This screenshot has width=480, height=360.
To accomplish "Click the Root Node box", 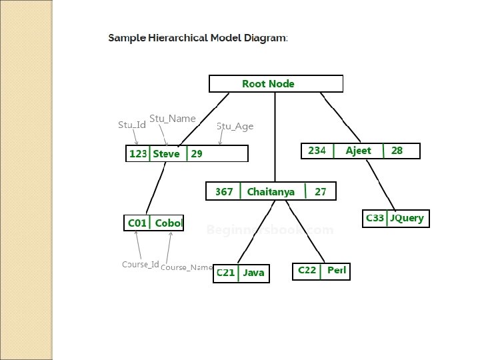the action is point(276,83).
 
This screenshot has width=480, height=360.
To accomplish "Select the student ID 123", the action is point(138,154).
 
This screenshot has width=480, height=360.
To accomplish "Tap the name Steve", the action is point(166,154).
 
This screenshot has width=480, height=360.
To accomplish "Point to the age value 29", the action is point(197,154).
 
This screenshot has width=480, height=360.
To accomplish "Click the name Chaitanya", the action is point(271,192).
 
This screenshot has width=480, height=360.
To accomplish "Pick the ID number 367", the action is point(224,192).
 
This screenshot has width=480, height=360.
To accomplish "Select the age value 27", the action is point(320,192).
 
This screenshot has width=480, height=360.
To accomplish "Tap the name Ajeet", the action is point(358,151).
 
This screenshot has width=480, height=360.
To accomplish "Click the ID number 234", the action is point(317,151).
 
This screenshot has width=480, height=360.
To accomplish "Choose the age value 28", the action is point(397,151).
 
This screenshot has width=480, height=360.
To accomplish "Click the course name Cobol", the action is point(169,223).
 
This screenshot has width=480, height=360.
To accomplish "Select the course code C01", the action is point(137,223).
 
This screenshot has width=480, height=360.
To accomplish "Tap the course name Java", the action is point(253,273).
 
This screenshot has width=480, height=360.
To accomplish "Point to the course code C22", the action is point(307,270).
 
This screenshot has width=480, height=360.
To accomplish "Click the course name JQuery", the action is point(407,218).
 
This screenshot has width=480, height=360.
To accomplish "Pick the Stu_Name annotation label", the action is point(173,119).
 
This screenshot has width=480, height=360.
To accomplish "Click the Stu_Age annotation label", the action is point(235,126).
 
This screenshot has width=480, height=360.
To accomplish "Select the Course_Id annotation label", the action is point(141,264).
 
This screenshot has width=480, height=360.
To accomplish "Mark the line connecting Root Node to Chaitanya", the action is point(275,137).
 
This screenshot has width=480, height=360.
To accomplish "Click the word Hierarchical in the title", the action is point(178,38).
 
